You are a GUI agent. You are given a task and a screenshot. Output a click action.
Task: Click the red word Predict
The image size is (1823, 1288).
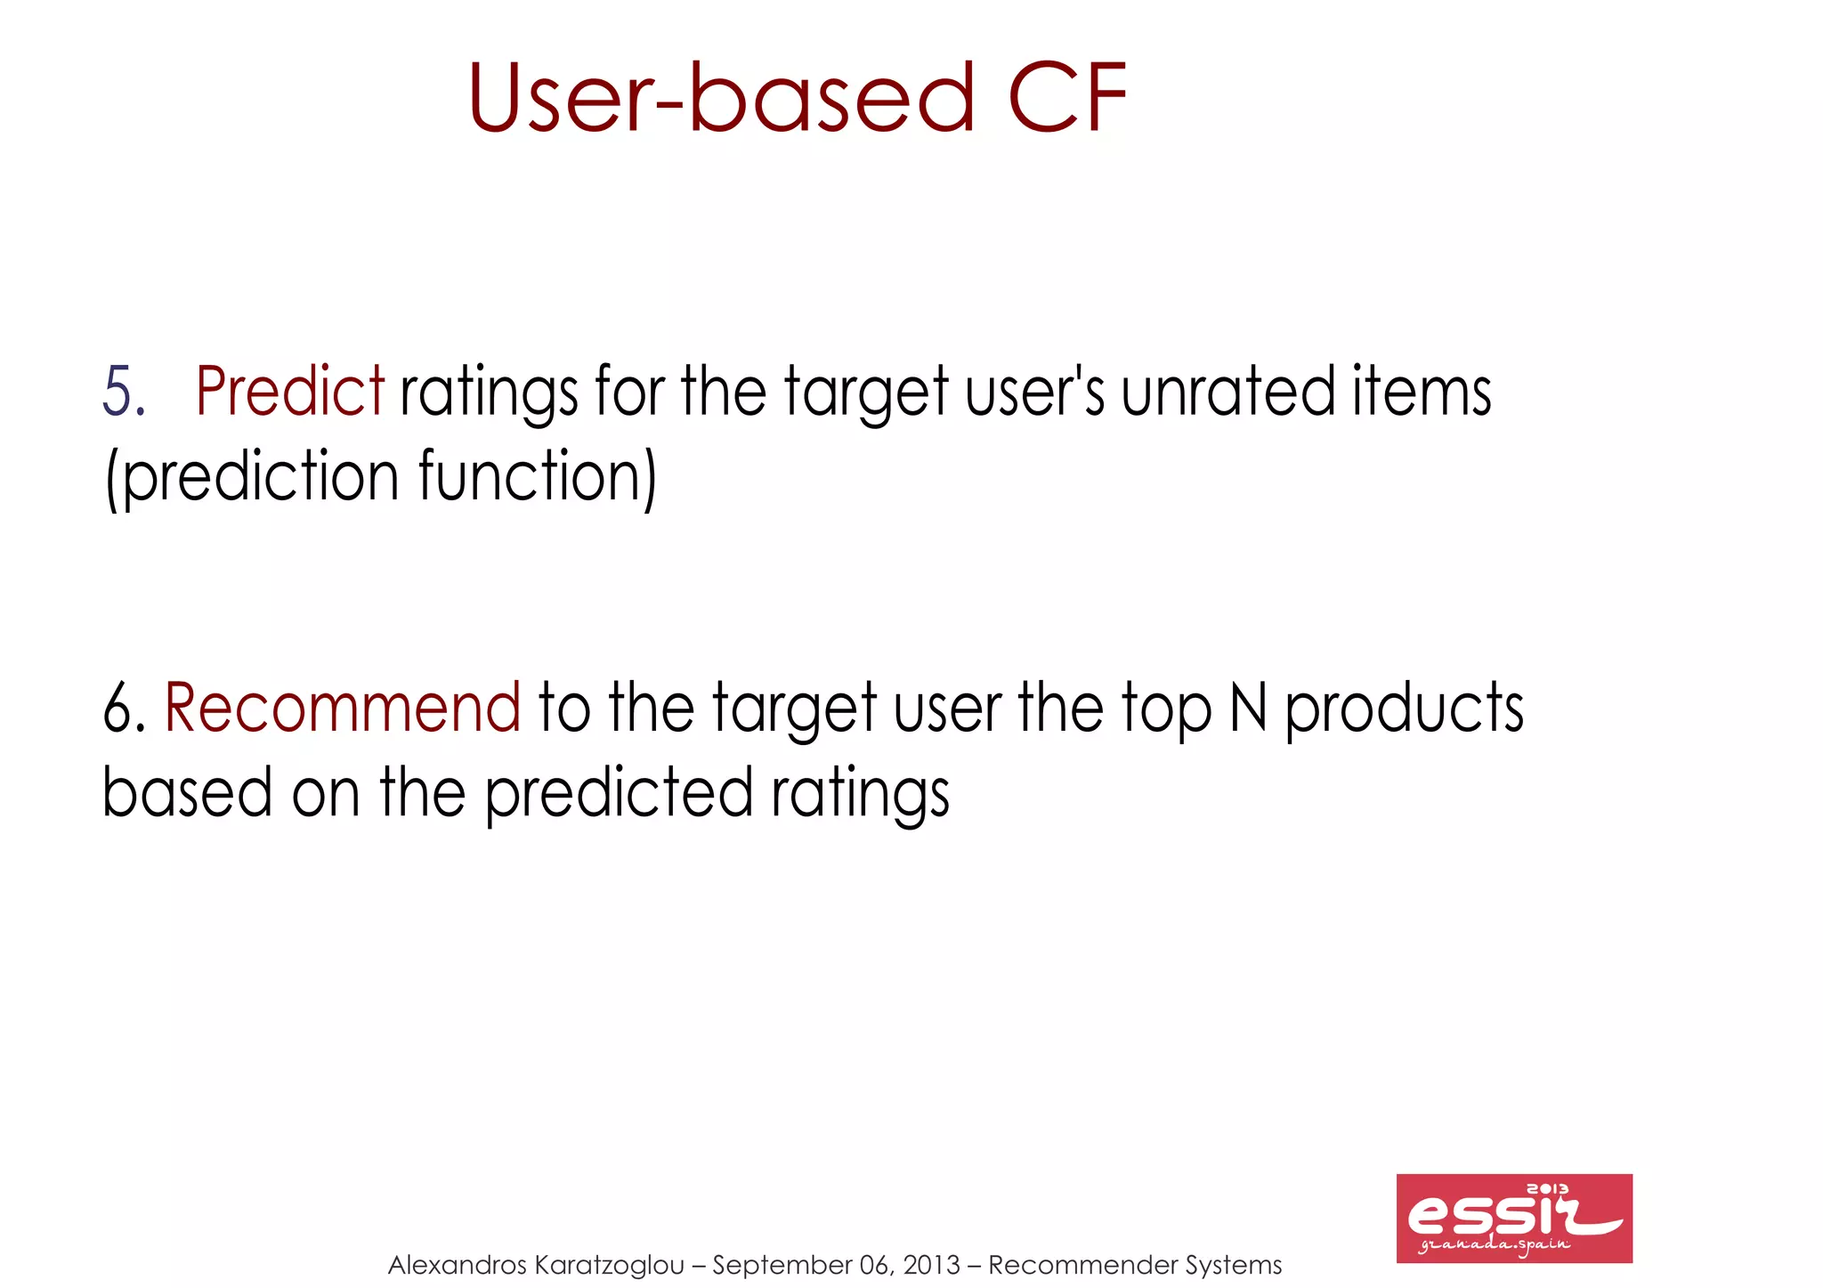coord(289,392)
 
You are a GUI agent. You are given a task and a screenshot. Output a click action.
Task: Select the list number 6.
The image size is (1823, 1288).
coord(123,708)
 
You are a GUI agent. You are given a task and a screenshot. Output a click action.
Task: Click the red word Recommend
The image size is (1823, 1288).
coord(343,708)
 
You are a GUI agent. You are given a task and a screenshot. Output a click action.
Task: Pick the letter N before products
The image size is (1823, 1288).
coord(1248,708)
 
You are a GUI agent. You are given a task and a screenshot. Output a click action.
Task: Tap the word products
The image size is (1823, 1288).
coord(1404,708)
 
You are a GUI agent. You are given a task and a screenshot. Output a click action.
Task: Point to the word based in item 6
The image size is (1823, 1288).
coord(187,792)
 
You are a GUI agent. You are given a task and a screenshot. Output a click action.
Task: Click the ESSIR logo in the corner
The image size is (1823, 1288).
coord(1513,1218)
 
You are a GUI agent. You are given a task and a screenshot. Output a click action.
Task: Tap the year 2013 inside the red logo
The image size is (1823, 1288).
coord(1548,1189)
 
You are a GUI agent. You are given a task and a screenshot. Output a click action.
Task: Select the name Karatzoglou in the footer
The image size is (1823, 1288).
coord(611,1265)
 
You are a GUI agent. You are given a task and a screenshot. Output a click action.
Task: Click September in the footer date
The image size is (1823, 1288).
coord(782,1265)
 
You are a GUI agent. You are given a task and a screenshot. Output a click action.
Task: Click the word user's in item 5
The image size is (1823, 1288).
coord(1034,392)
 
